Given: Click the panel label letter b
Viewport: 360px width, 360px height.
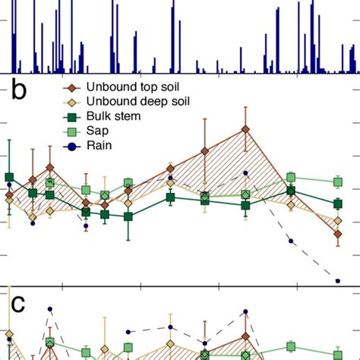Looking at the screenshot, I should point(19,94).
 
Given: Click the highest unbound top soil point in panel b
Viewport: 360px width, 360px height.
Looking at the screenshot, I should point(245,129).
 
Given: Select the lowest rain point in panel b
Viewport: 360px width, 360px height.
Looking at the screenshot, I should point(338,281).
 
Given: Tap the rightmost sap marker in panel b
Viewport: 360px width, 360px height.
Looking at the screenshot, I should point(337,182).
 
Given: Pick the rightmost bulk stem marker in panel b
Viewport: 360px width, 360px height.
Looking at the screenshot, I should point(337,203).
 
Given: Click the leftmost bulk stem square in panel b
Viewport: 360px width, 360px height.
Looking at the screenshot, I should point(9,178).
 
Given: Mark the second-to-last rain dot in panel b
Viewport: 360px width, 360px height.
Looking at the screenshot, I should point(291,242).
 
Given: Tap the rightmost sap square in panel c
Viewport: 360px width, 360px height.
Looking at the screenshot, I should point(337,353).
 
